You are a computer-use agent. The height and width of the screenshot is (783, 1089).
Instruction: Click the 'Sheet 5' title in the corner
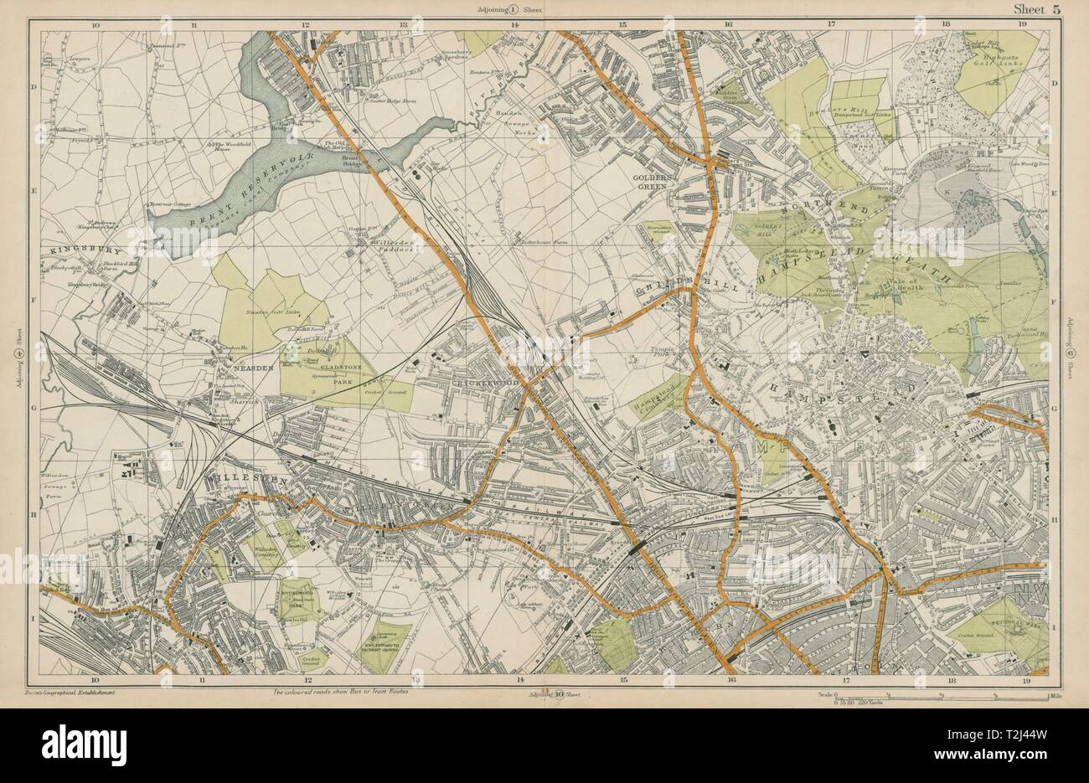(x=1035, y=9)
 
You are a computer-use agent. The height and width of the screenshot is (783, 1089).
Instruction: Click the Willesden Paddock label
(x=373, y=246)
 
